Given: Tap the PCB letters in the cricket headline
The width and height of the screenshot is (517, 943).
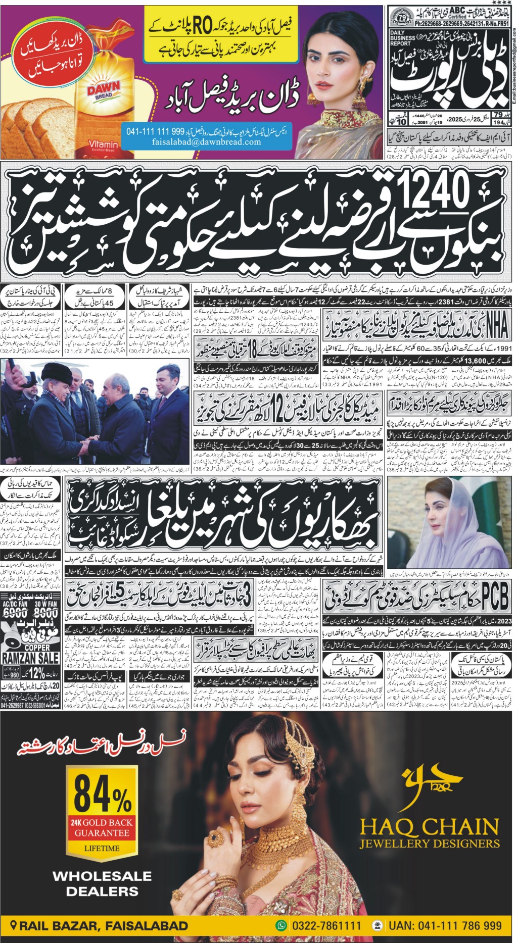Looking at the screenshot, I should [x=494, y=597].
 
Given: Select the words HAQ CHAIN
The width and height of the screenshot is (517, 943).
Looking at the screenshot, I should [x=429, y=826].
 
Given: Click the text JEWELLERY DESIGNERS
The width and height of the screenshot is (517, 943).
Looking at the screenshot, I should [x=429, y=843].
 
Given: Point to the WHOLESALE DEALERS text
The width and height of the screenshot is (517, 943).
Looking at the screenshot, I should [x=102, y=883].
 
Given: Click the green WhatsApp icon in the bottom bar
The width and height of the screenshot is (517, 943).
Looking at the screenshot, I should [x=281, y=925].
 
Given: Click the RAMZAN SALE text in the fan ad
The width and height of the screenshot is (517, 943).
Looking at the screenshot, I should [x=30, y=658].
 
